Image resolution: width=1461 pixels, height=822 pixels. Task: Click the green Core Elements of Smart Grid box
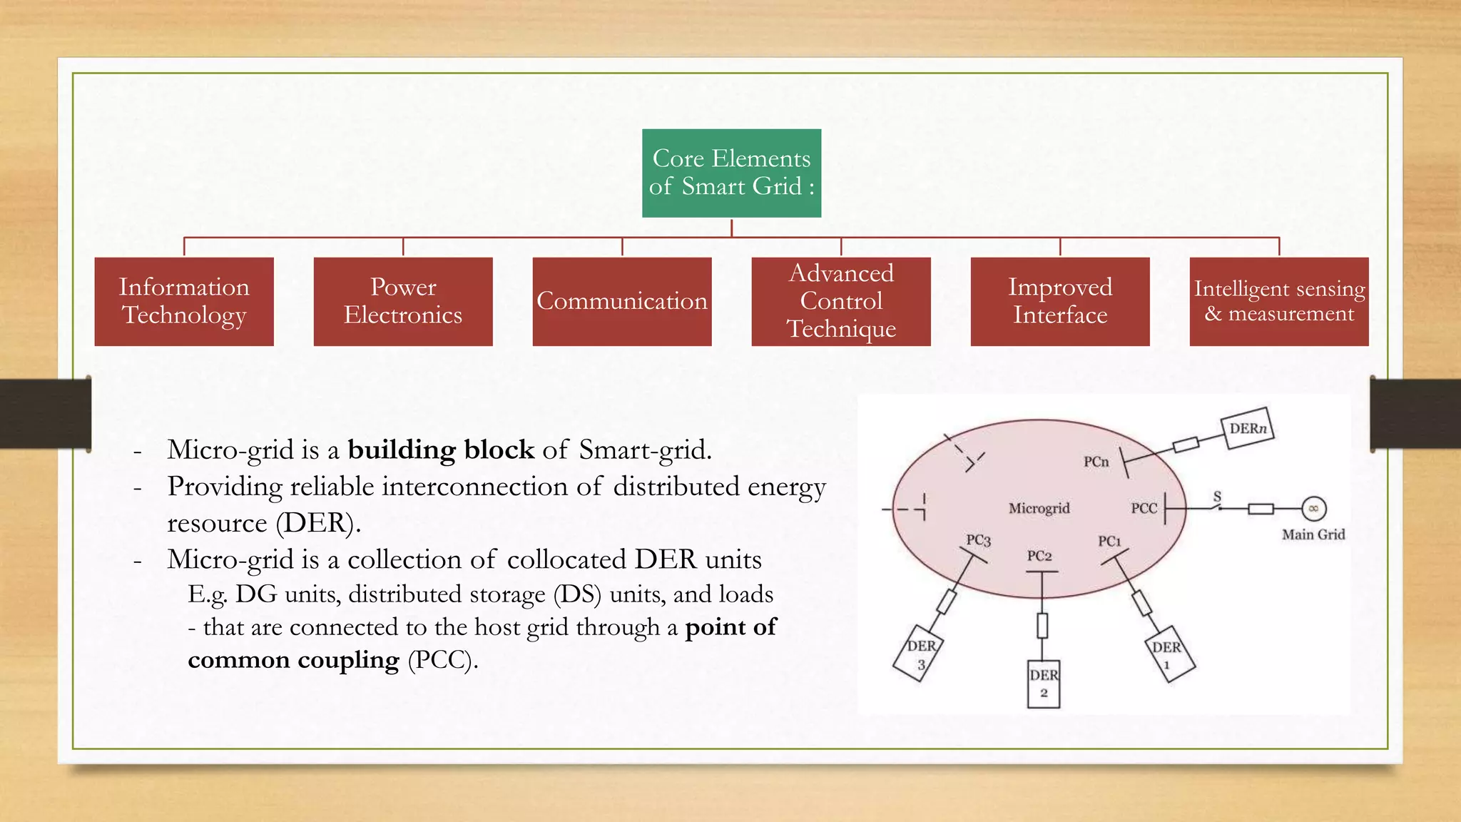tap(731, 173)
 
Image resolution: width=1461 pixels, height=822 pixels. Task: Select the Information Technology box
tap(184, 301)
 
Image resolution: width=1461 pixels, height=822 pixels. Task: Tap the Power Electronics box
tap(403, 301)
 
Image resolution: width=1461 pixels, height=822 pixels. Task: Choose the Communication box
tap(622, 301)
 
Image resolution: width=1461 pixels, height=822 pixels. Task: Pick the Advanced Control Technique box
tap(841, 301)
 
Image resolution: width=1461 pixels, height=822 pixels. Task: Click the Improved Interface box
tap(1060, 301)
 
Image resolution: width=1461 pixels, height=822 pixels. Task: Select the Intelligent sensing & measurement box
tap(1279, 301)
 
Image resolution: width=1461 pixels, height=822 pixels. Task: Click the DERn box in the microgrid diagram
tap(1248, 428)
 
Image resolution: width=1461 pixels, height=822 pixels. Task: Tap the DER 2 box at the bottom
tap(1043, 684)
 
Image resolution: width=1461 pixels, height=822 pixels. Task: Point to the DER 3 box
tap(919, 654)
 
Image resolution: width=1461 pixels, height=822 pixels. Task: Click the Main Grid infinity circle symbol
tap(1313, 509)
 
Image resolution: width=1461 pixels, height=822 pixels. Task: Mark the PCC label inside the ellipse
tap(1144, 508)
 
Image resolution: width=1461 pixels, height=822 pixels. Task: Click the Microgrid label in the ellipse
tap(1039, 508)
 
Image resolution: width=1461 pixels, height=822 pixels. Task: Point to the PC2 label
tap(1039, 556)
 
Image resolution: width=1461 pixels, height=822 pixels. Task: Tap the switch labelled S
tap(1218, 504)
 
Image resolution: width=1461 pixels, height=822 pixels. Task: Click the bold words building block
tap(440, 450)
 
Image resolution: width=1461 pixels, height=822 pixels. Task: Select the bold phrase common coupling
tap(293, 660)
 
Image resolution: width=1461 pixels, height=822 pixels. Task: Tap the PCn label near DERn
tap(1096, 462)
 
